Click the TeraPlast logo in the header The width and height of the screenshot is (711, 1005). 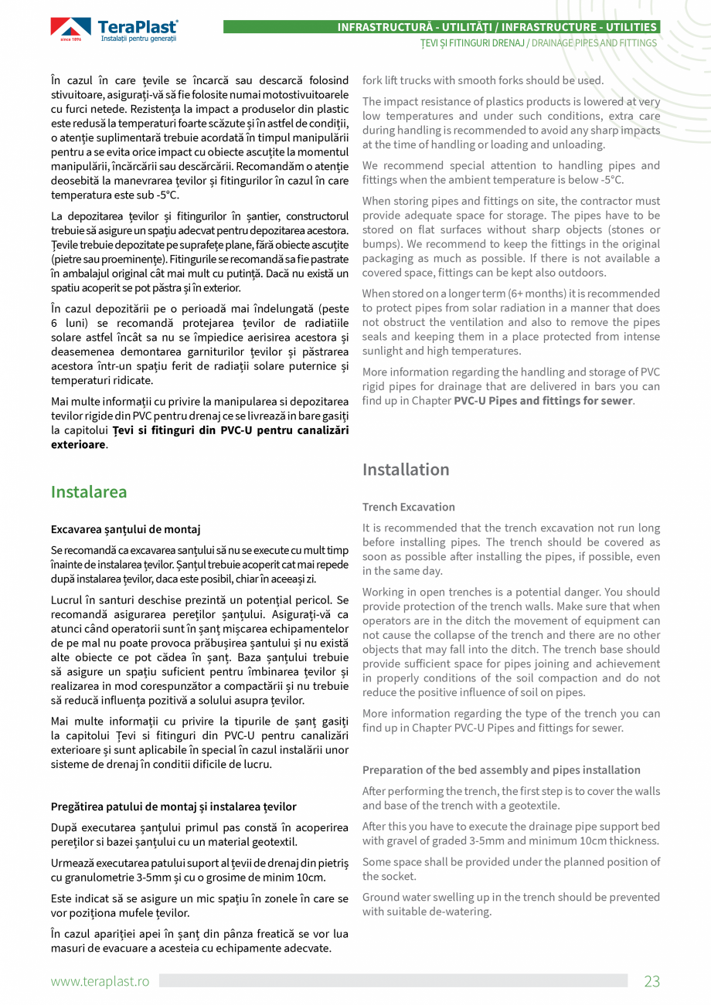pyautogui.click(x=114, y=30)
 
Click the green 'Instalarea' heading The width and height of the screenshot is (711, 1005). pyautogui.click(x=89, y=492)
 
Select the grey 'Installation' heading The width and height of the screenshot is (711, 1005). pyautogui.click(x=406, y=470)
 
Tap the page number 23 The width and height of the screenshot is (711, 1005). pyautogui.click(x=652, y=981)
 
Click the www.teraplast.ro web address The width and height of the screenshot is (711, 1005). pyautogui.click(x=100, y=981)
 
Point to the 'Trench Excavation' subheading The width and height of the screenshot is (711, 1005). pyautogui.click(x=409, y=507)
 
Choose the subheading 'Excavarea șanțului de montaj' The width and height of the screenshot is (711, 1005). pyautogui.click(x=125, y=529)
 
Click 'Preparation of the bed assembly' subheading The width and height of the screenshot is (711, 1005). pyautogui.click(x=501, y=769)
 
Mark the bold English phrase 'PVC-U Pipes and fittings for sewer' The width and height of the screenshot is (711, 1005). pyautogui.click(x=543, y=401)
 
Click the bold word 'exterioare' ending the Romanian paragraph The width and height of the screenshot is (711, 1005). pyautogui.click(x=77, y=445)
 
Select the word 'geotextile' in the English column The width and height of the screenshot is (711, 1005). pyautogui.click(x=535, y=805)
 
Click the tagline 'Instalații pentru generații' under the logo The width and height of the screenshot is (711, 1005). pyautogui.click(x=139, y=39)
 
